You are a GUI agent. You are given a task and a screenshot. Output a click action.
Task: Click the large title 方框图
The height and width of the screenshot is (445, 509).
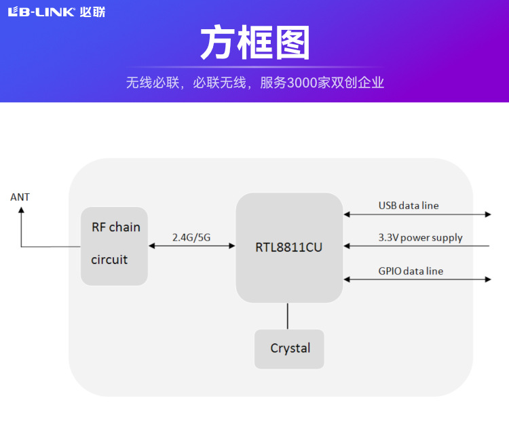click(254, 43)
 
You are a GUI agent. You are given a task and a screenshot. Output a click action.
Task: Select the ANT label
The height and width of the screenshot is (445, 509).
click(20, 197)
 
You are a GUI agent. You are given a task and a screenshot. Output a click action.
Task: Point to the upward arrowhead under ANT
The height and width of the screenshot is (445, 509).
click(20, 211)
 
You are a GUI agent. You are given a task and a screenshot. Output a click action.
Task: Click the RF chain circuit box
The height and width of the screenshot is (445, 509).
click(114, 246)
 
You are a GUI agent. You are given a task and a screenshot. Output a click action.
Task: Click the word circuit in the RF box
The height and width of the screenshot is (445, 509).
click(109, 259)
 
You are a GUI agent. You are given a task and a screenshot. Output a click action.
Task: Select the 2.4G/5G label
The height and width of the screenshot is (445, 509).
click(191, 237)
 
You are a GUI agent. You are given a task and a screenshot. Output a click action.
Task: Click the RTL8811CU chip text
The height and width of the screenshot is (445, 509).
click(288, 248)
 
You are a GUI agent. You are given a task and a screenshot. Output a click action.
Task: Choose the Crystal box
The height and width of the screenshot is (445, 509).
click(289, 349)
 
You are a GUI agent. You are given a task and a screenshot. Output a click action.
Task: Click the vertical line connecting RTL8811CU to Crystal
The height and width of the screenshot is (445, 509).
click(288, 316)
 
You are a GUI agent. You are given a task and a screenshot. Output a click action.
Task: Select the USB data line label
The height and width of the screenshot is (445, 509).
click(409, 205)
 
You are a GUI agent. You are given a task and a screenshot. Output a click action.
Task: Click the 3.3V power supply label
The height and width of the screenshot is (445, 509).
click(420, 237)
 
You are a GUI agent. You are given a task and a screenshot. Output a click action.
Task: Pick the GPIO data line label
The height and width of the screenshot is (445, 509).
click(411, 271)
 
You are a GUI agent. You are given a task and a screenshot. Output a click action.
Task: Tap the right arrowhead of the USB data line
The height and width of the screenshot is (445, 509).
click(487, 214)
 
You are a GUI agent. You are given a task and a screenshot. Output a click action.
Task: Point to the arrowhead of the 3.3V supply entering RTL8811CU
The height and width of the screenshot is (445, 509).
click(347, 246)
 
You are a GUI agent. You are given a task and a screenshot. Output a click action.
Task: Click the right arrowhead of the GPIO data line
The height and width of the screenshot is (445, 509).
click(487, 279)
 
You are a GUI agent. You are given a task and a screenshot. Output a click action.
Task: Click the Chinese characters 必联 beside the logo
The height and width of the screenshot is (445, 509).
click(92, 12)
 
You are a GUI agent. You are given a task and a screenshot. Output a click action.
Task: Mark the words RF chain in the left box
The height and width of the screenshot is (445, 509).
click(116, 227)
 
